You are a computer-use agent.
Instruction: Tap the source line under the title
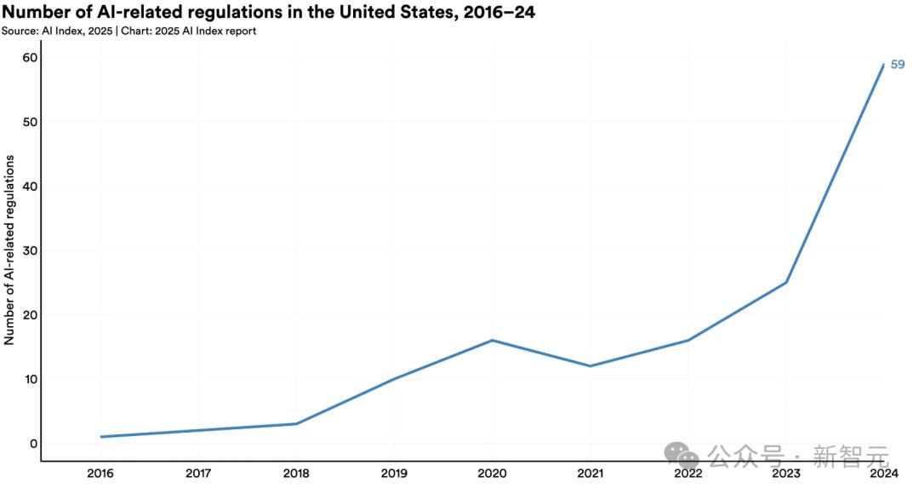click(128, 32)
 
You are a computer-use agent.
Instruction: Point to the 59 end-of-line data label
click(897, 65)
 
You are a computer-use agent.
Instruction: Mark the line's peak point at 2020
click(492, 341)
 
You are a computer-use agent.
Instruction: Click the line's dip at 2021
click(590, 366)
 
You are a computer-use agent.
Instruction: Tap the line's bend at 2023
click(785, 283)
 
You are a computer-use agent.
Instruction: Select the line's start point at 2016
click(100, 437)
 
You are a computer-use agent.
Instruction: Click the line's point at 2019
click(394, 379)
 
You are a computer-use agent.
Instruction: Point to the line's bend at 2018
click(296, 423)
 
